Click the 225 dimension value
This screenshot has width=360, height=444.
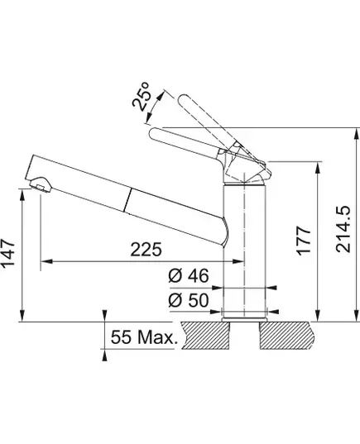(146, 249)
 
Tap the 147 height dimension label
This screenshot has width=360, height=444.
(8, 253)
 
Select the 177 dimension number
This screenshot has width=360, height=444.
(304, 241)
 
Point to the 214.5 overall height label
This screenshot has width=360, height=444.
(343, 229)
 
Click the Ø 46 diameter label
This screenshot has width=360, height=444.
(189, 275)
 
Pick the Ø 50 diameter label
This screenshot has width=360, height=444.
(189, 300)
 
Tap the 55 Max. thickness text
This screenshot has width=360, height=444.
(144, 337)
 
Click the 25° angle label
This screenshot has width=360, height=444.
(142, 97)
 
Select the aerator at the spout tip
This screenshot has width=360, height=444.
(41, 184)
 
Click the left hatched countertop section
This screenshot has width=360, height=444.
(206, 336)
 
